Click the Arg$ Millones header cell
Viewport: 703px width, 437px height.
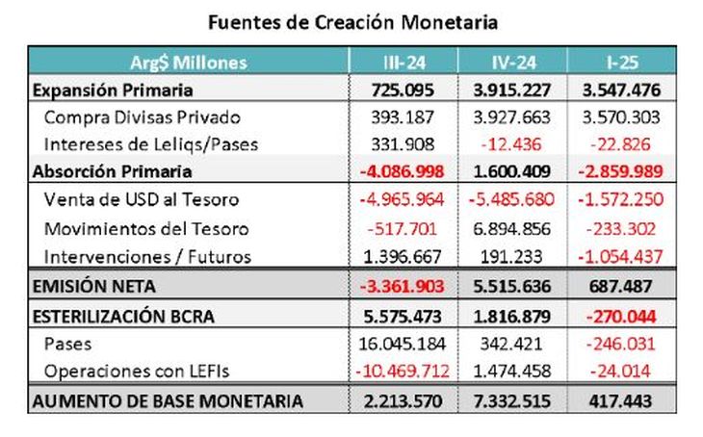[x=189, y=63]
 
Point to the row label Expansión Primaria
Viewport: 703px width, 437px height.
[x=113, y=90]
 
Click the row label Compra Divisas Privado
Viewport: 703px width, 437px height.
[x=127, y=117]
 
